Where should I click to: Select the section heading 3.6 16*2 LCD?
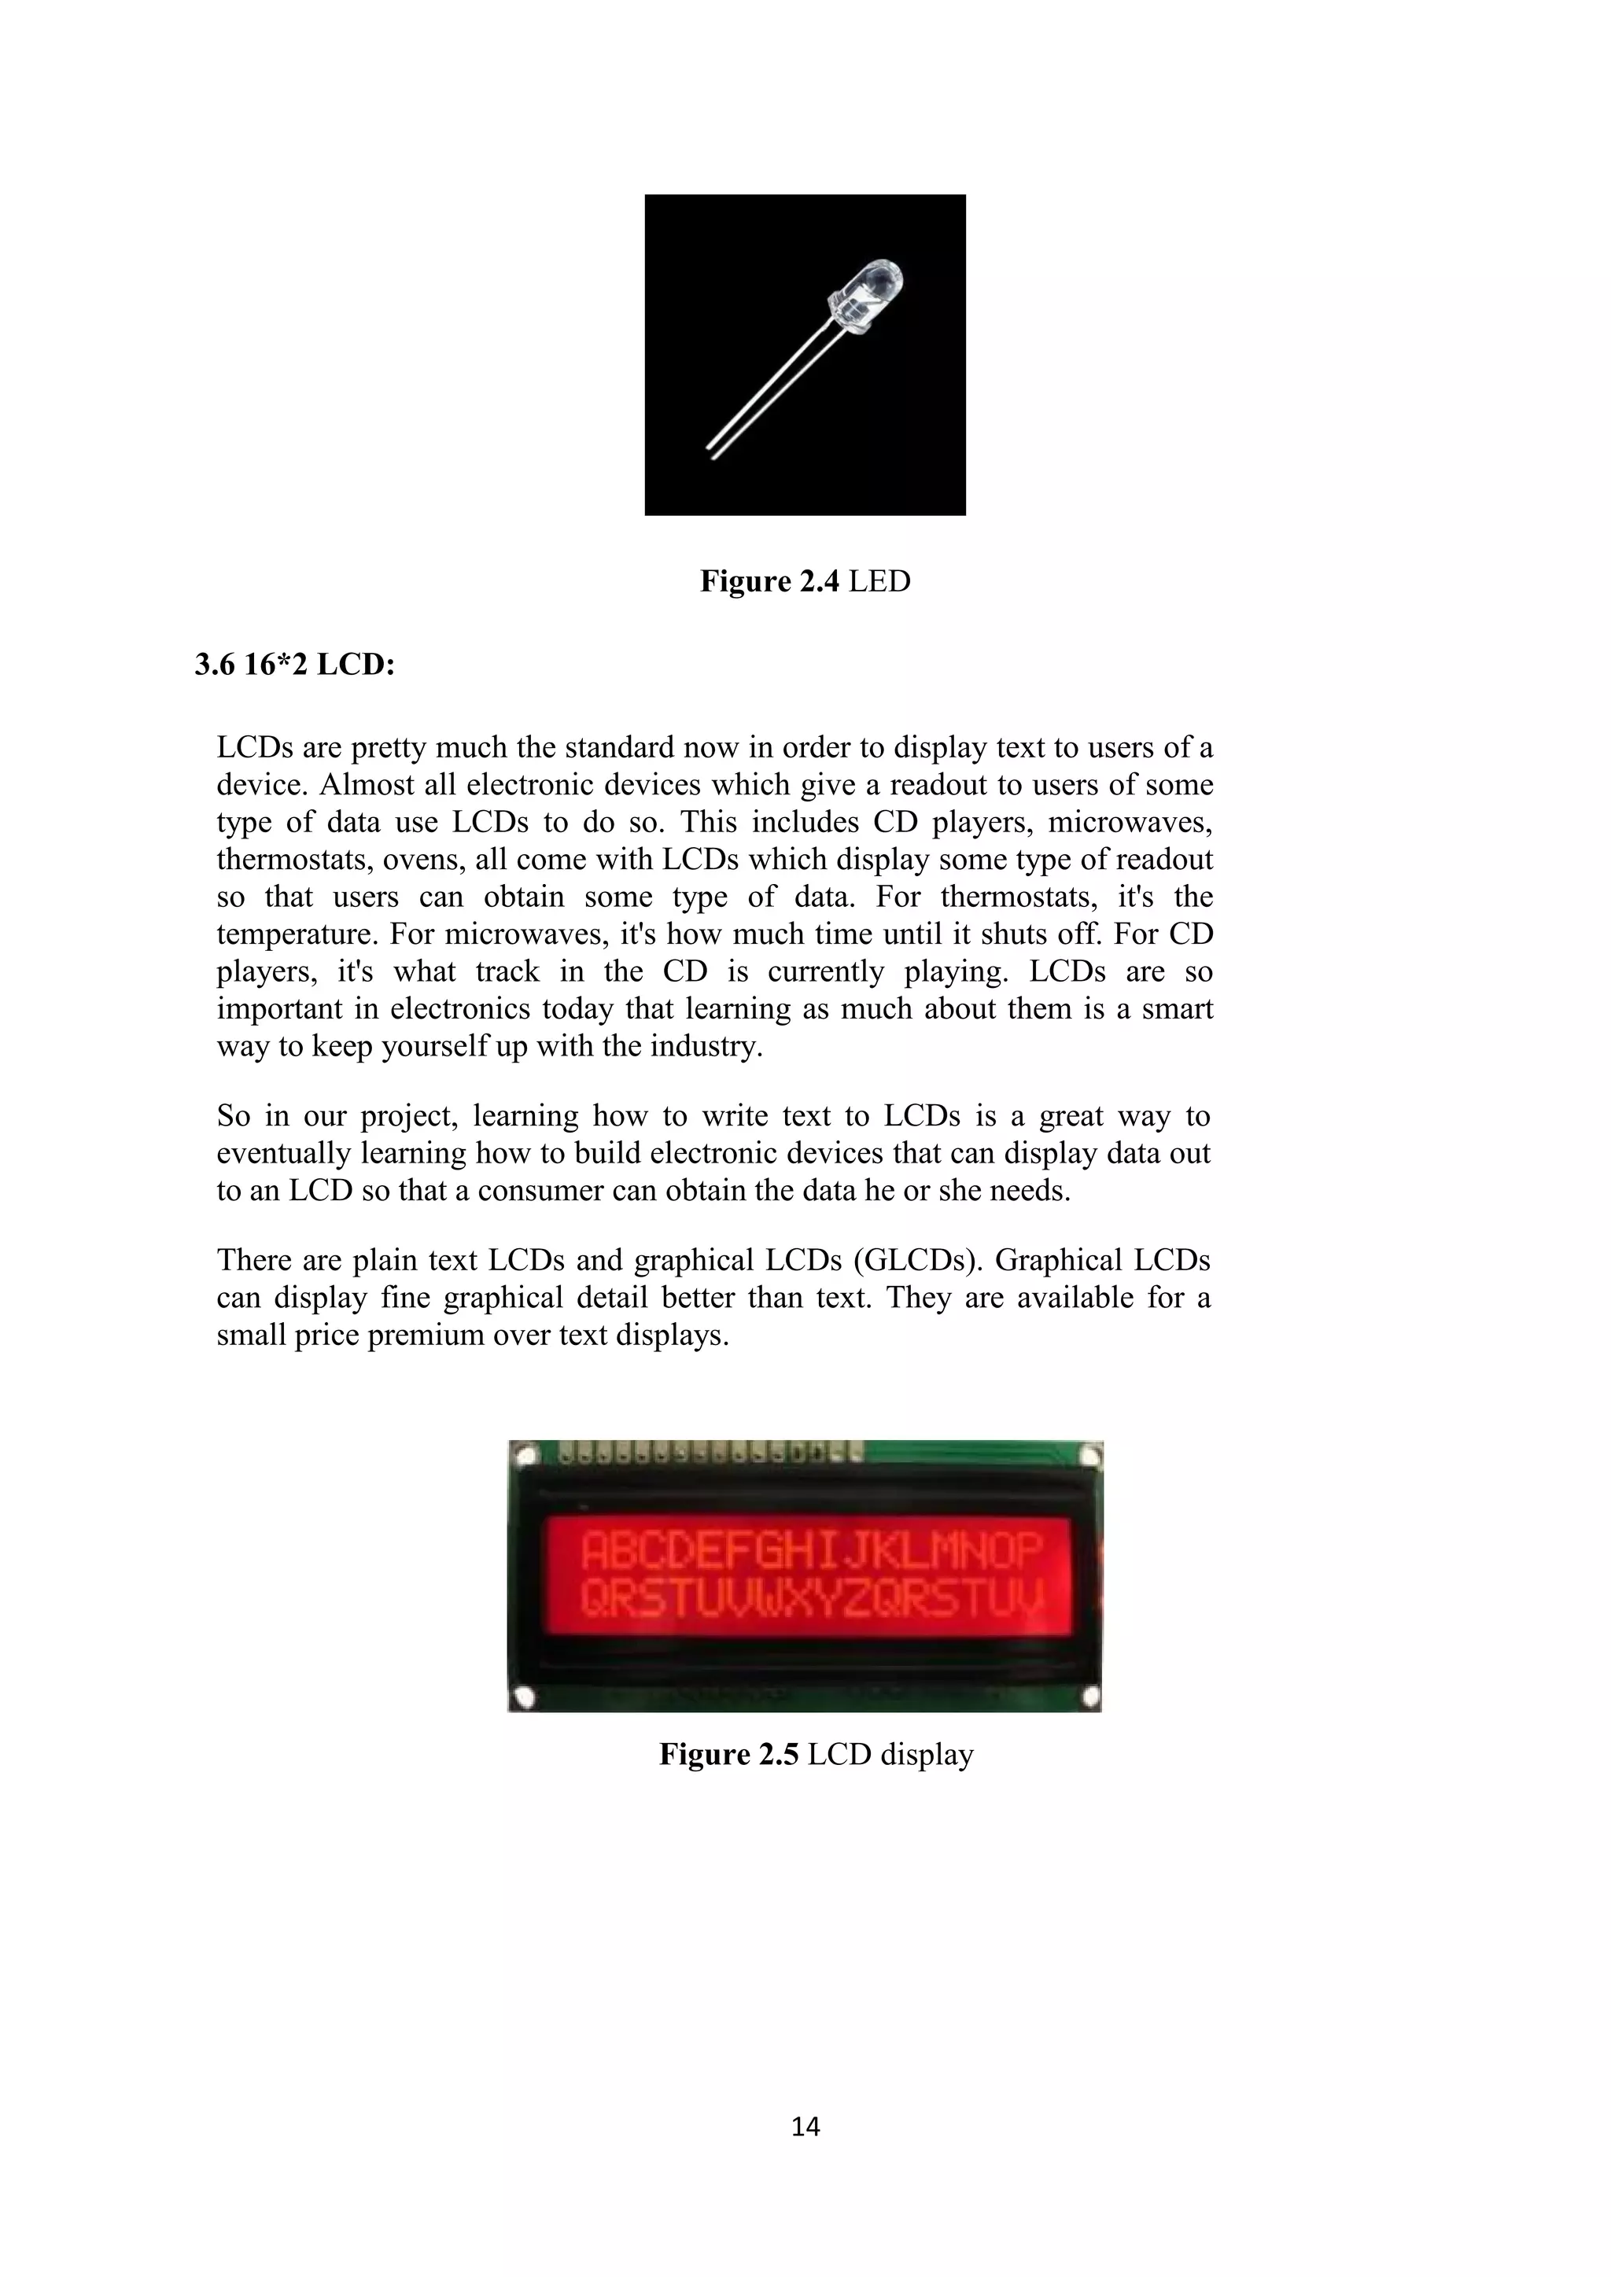(295, 665)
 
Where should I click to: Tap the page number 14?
(805, 2126)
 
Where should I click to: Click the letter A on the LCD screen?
(595, 1552)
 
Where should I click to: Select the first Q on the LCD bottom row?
(595, 1600)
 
